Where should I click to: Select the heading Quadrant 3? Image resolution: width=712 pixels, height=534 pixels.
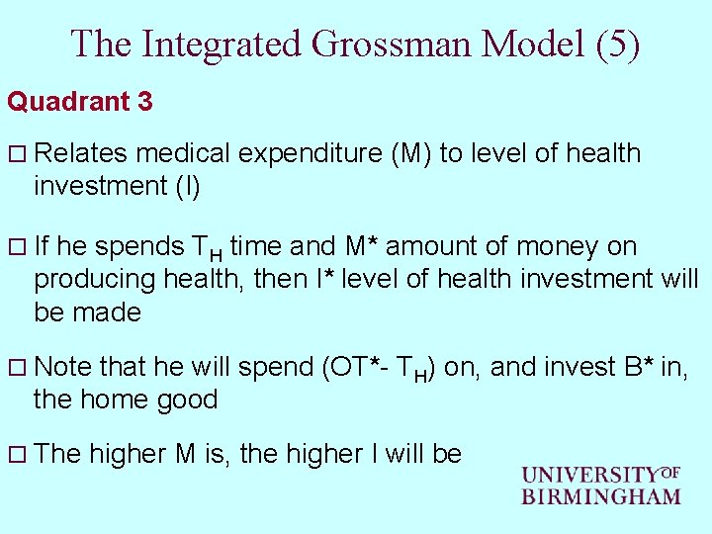(x=79, y=102)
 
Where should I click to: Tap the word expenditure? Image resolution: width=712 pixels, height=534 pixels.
(x=299, y=153)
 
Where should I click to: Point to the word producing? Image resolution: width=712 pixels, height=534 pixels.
(x=95, y=279)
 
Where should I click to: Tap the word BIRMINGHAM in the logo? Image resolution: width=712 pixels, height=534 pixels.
(x=601, y=496)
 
